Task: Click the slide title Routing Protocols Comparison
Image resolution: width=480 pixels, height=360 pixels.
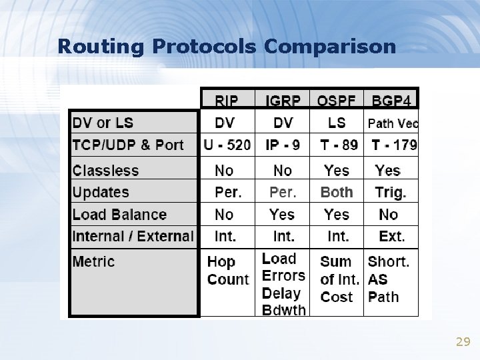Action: coord(227,46)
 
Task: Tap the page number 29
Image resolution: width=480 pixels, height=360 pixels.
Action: coord(463,342)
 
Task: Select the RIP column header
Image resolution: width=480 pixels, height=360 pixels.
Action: coord(228,101)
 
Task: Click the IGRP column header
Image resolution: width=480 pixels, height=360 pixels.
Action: coord(283,101)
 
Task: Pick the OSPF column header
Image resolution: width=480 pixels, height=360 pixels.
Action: coord(337,101)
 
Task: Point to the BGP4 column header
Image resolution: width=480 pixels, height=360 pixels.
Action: coord(392,101)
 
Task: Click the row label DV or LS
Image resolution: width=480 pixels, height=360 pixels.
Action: coord(103,123)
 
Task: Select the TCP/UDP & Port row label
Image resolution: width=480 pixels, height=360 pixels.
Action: coord(128,145)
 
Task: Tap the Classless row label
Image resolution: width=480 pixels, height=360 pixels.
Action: coord(105,170)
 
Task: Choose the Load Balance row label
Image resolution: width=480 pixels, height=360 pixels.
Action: coord(119,215)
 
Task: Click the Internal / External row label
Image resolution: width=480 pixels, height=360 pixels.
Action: coord(133,236)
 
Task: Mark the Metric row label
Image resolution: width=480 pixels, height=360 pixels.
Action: coord(93,261)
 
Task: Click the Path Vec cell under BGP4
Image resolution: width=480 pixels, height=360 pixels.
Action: coord(393,123)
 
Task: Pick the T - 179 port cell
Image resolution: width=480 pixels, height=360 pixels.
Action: coord(393,145)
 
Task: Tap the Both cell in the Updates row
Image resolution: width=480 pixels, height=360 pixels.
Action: coord(337,192)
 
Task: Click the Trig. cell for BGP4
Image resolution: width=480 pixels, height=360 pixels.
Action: coord(391,192)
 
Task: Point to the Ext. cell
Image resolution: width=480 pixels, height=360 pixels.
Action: coord(392,236)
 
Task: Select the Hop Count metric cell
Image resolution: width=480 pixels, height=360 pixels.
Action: coord(227,271)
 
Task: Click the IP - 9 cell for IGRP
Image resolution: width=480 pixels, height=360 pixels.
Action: coord(283,145)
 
